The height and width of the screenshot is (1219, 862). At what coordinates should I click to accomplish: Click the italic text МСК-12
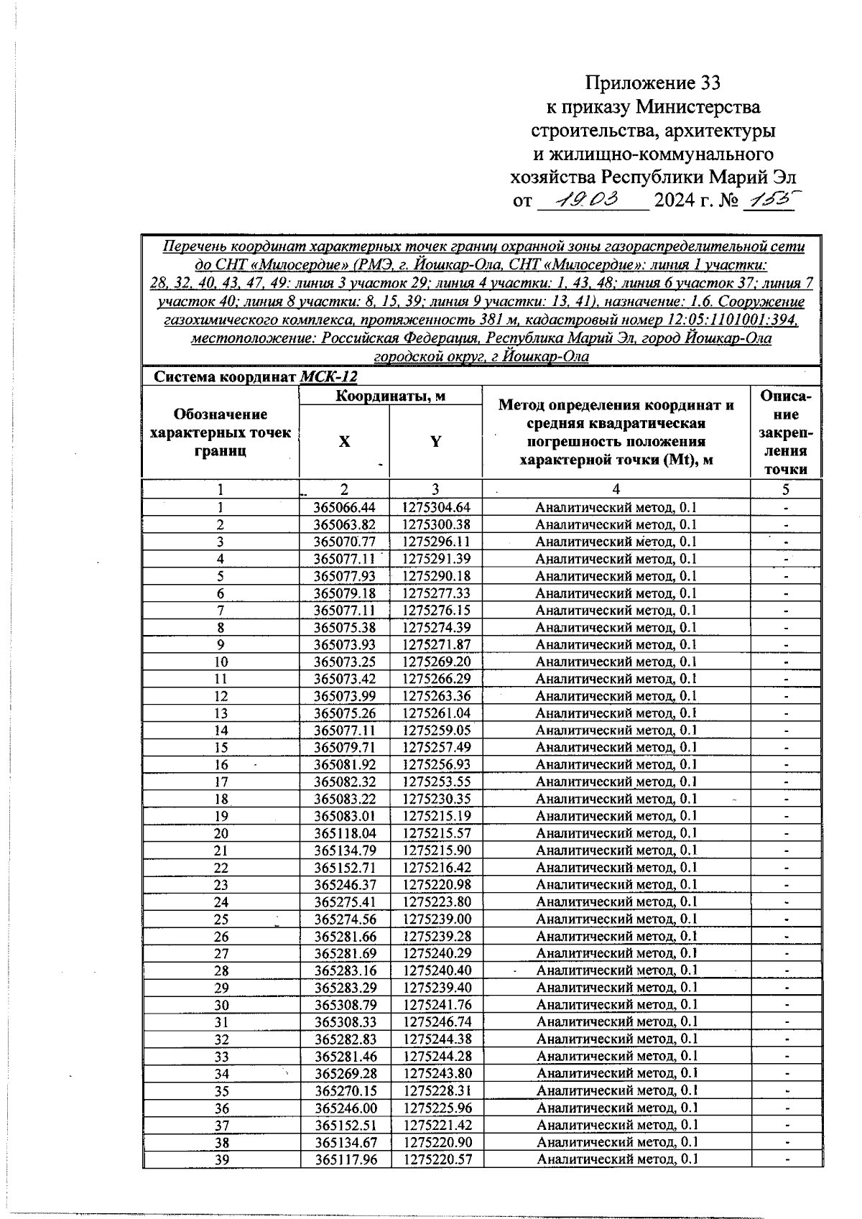coord(328,376)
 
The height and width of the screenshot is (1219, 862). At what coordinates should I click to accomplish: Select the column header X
coord(345,442)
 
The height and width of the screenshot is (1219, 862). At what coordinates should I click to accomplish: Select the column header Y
coord(435,442)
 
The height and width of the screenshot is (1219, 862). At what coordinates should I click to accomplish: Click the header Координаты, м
coord(390,396)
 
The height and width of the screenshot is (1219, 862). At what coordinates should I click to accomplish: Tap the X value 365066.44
coord(345,507)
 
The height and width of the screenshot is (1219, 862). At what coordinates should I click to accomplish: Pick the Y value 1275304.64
coord(436,507)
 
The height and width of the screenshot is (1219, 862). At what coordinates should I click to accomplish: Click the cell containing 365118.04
coord(345,833)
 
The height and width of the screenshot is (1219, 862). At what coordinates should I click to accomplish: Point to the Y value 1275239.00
coord(436,919)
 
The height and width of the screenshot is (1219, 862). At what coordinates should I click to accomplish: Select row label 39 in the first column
coord(221,1159)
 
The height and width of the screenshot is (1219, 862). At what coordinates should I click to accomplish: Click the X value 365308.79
coord(345,1005)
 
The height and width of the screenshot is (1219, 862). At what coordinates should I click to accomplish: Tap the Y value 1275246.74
coord(436,1022)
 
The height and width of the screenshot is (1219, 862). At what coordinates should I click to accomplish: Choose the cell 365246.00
coord(345,1108)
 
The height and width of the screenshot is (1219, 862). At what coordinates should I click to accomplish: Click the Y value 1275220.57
coord(436,1159)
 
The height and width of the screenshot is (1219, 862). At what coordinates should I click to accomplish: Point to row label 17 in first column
coord(221,782)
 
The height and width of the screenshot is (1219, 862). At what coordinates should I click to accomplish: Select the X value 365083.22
coord(345,799)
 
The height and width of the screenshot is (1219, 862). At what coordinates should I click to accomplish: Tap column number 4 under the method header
coord(616,489)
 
